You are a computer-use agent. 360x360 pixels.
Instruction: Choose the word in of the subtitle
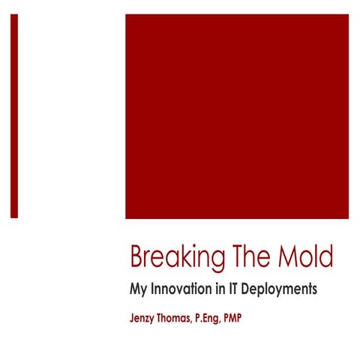click(223, 288)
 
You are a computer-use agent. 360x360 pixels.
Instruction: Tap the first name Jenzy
click(145, 318)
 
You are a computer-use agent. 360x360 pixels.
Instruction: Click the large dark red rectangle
click(236, 116)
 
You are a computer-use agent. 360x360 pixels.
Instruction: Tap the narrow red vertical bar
click(14, 116)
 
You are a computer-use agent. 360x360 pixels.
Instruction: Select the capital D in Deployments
click(253, 288)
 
